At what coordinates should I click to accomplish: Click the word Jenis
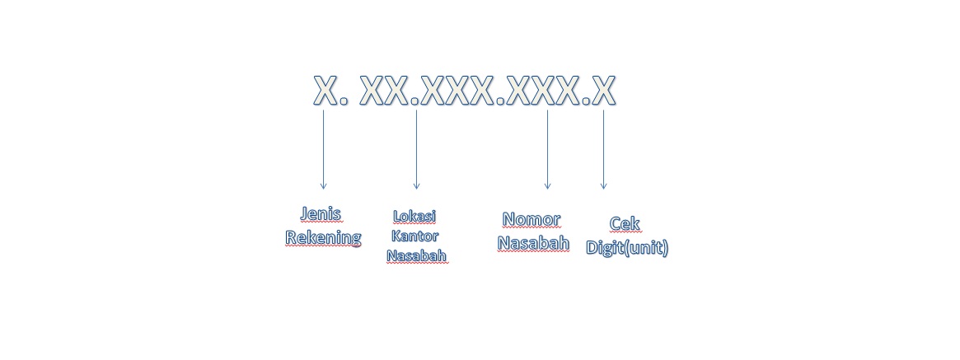pyautogui.click(x=321, y=214)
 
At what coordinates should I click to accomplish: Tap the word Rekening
pyautogui.click(x=323, y=238)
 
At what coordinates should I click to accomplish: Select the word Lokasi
pyautogui.click(x=414, y=217)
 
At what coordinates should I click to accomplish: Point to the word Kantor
pyautogui.click(x=414, y=236)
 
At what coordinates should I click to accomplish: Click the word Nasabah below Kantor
pyautogui.click(x=417, y=255)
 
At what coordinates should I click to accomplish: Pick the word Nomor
pyautogui.click(x=532, y=220)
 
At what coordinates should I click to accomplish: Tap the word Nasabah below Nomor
pyautogui.click(x=533, y=244)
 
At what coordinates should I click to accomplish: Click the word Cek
pyautogui.click(x=625, y=224)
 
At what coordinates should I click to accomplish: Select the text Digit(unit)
pyautogui.click(x=627, y=247)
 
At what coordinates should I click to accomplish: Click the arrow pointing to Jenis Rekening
pyautogui.click(x=323, y=148)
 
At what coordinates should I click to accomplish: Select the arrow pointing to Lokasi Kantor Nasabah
pyautogui.click(x=416, y=148)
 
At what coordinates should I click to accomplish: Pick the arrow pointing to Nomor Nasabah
pyautogui.click(x=547, y=148)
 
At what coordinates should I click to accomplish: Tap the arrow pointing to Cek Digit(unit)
pyautogui.click(x=603, y=148)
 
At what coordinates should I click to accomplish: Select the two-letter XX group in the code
pyautogui.click(x=385, y=91)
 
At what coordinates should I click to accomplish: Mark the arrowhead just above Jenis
pyautogui.click(x=323, y=186)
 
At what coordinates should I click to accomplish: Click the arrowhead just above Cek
pyautogui.click(x=603, y=186)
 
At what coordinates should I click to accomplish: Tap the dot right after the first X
pyautogui.click(x=344, y=103)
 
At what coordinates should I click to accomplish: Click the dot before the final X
pyautogui.click(x=586, y=103)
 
